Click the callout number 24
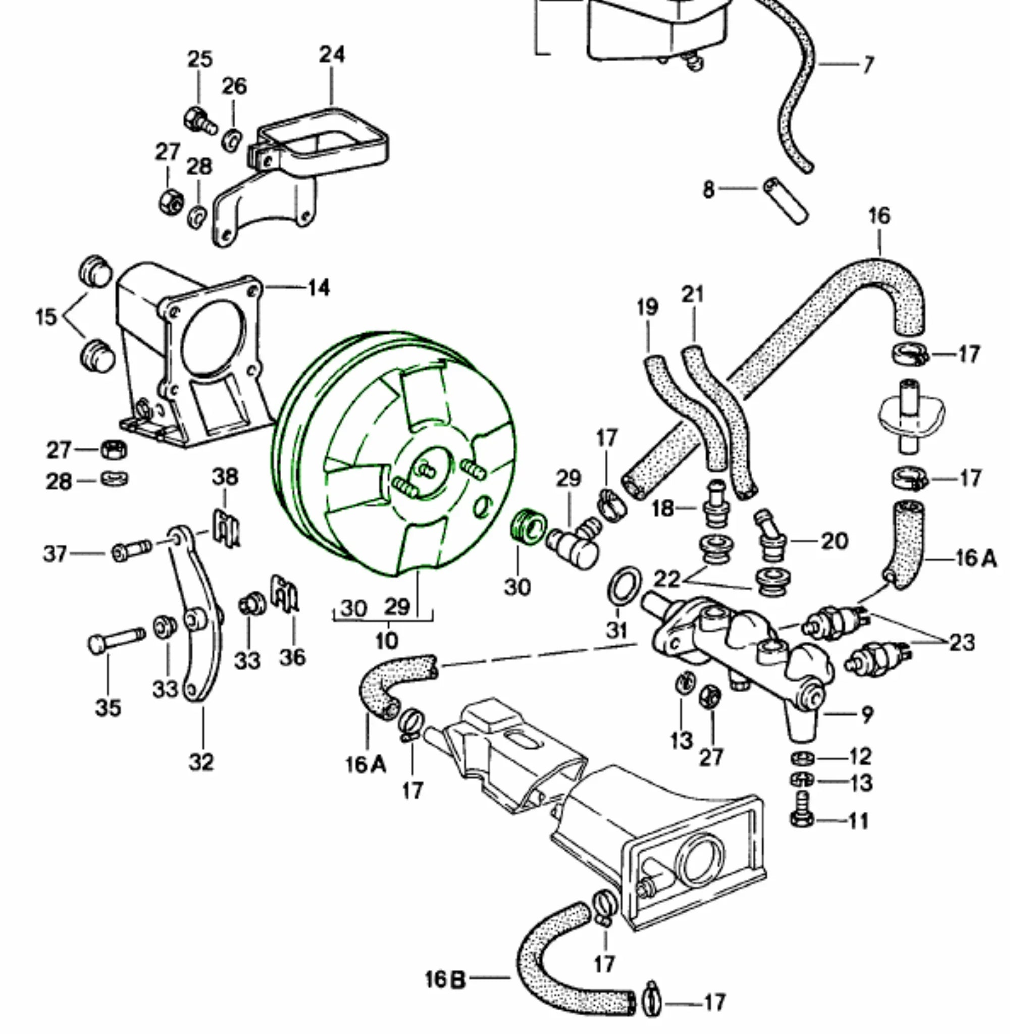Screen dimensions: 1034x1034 pyautogui.click(x=332, y=55)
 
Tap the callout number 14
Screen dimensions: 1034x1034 pyautogui.click(x=319, y=288)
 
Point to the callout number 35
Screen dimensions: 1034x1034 pyautogui.click(x=108, y=707)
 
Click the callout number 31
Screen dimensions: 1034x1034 pyautogui.click(x=616, y=630)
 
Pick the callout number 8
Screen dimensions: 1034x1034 pyautogui.click(x=708, y=189)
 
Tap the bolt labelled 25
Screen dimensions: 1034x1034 pyautogui.click(x=199, y=121)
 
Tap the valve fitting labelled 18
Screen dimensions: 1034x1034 pyautogui.click(x=715, y=505)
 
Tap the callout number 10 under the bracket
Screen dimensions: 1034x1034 pyautogui.click(x=386, y=640)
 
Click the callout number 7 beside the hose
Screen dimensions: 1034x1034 pyautogui.click(x=868, y=65)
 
